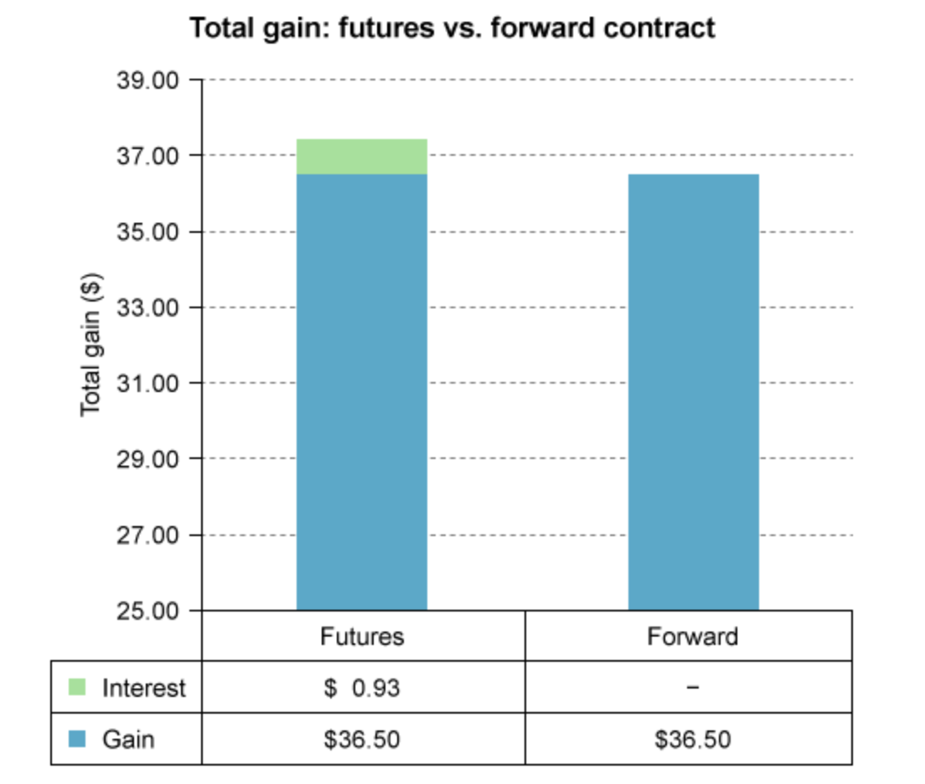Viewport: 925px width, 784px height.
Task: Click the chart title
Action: pyautogui.click(x=452, y=28)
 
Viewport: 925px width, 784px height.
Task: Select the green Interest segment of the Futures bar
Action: pyautogui.click(x=362, y=157)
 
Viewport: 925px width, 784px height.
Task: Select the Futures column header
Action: pyautogui.click(x=362, y=637)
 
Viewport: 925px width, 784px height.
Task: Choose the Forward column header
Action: pyautogui.click(x=692, y=637)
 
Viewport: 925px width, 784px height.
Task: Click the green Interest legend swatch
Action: pyautogui.click(x=77, y=688)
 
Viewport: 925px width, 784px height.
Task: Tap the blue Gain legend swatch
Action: pyautogui.click(x=77, y=739)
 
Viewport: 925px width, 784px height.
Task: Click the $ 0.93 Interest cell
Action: pyautogui.click(x=362, y=689)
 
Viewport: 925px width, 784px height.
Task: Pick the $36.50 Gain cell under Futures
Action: pyautogui.click(x=362, y=740)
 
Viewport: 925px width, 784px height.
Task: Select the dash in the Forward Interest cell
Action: pyautogui.click(x=692, y=689)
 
